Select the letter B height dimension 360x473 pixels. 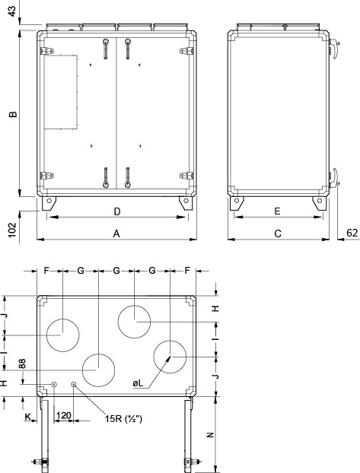[12, 115]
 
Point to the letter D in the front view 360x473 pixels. [117, 211]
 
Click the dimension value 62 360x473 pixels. [351, 233]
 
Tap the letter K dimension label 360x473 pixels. [28, 417]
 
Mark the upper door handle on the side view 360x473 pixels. [333, 51]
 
